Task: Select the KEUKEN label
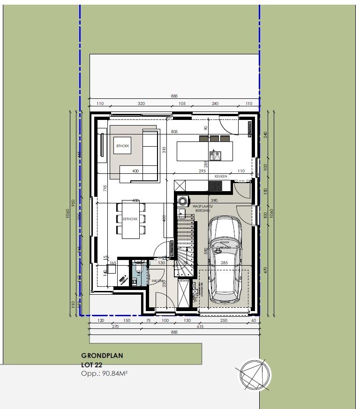(x=221, y=176)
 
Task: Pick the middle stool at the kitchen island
(x=214, y=138)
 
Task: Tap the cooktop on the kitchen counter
(x=215, y=186)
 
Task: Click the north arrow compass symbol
(x=255, y=374)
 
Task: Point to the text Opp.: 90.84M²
(x=105, y=373)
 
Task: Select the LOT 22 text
(x=92, y=364)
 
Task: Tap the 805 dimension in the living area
(x=174, y=132)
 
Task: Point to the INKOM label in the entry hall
(x=157, y=281)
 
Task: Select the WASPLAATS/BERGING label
(x=202, y=208)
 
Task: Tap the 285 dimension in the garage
(x=224, y=263)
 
